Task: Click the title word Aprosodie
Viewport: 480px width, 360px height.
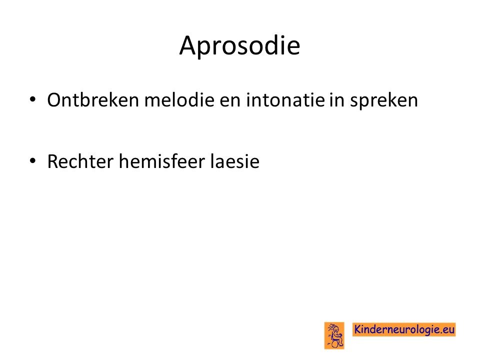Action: point(239,45)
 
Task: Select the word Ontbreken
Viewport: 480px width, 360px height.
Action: point(93,100)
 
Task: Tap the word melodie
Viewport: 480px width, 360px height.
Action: point(179,100)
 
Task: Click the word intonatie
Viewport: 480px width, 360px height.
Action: point(285,100)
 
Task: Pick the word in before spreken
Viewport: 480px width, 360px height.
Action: point(336,100)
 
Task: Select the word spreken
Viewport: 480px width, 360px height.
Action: point(384,101)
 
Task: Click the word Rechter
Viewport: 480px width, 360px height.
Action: point(80,161)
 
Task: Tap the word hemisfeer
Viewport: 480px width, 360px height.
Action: point(162,161)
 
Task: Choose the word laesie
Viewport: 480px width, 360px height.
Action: point(235,161)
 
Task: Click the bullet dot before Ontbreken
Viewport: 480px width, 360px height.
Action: point(32,99)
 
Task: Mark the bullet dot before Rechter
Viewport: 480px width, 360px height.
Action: point(32,160)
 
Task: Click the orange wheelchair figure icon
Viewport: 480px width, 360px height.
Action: point(334,335)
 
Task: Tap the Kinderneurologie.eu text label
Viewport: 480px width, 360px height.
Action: point(404,329)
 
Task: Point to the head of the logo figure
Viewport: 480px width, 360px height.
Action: point(335,329)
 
